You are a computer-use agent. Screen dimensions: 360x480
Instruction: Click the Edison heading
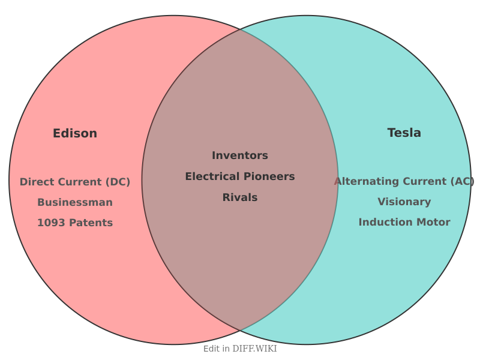coord(75,134)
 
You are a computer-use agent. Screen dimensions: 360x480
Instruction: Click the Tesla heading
coord(404,133)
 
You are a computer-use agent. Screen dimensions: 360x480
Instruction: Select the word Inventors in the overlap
coord(240,156)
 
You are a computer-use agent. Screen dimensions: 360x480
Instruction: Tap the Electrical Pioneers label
coord(240,177)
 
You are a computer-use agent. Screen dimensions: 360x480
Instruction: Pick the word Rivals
coord(240,198)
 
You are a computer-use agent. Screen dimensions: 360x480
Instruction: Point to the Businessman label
coord(75,203)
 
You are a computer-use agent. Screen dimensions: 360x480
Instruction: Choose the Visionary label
coord(404,202)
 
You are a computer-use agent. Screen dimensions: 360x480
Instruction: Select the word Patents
coord(89,223)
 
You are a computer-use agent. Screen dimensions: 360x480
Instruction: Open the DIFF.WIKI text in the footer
coord(254,349)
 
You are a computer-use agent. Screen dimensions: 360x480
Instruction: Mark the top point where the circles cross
coord(240,29)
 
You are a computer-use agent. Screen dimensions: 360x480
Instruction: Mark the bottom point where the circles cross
coord(240,331)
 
